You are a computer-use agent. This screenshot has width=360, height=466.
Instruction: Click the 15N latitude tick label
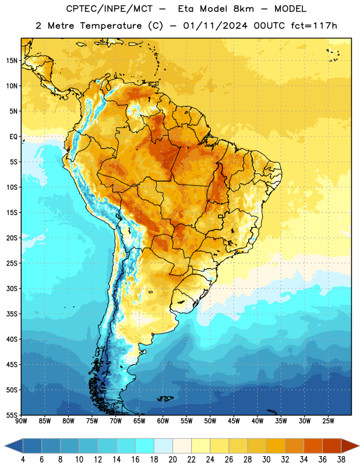pyautogui.click(x=12, y=61)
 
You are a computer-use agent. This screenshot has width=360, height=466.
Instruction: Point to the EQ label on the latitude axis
pyautogui.click(x=13, y=137)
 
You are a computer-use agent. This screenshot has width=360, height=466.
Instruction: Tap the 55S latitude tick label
pyautogui.click(x=12, y=415)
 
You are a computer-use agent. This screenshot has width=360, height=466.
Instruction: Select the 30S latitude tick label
pyautogui.click(x=12, y=288)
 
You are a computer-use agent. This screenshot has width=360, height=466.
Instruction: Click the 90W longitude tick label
pyautogui.click(x=21, y=421)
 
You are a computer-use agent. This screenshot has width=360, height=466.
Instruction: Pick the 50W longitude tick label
pyautogui.click(x=210, y=421)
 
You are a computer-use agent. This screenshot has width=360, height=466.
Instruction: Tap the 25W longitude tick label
pyautogui.click(x=328, y=421)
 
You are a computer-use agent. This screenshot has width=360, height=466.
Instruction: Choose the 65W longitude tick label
pyautogui.click(x=139, y=421)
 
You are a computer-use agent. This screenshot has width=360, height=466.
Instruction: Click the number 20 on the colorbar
pyautogui.click(x=172, y=460)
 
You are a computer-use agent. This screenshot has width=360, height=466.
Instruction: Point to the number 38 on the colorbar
pyautogui.click(x=341, y=460)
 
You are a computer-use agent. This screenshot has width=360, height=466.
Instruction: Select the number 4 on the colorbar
pyautogui.click(x=23, y=460)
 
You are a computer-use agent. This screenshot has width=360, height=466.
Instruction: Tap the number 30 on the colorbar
pyautogui.click(x=266, y=460)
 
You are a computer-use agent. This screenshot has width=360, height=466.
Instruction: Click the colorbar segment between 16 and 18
pyautogui.click(x=145, y=446)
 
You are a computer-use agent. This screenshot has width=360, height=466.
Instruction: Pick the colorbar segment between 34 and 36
pyautogui.click(x=313, y=446)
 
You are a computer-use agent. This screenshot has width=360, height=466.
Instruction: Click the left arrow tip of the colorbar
pyautogui.click(x=5, y=446)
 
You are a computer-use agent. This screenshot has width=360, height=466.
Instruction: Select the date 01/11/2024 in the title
pyautogui.click(x=215, y=26)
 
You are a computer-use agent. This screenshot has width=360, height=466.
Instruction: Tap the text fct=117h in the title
pyautogui.click(x=314, y=26)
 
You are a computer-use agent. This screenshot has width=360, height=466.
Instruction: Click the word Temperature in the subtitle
pyautogui.click(x=111, y=26)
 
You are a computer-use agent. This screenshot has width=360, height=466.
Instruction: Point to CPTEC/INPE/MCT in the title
pyautogui.click(x=110, y=9)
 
